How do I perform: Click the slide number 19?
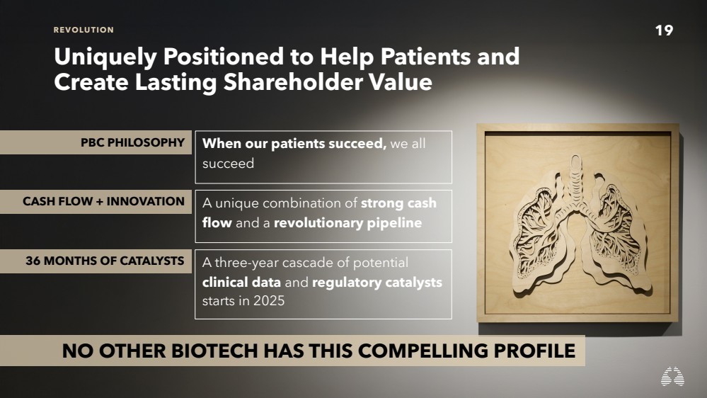point(664,30)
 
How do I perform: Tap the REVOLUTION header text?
point(84,30)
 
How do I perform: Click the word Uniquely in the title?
point(105,57)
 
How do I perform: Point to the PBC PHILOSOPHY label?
point(132,142)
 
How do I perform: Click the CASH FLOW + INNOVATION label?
point(104,201)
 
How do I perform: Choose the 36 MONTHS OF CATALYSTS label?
point(105,261)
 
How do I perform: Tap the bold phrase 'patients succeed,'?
point(328,144)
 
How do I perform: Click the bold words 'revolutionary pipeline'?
point(347,223)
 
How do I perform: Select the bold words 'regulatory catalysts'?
point(377,283)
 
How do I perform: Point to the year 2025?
point(269,301)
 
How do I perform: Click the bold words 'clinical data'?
point(241,283)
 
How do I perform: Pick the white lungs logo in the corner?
point(672,376)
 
